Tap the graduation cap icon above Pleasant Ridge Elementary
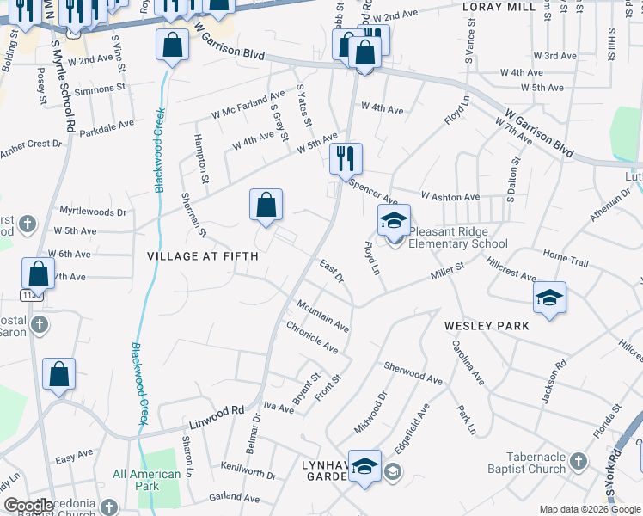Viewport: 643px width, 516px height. click(394, 221)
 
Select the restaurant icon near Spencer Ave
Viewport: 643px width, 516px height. click(346, 159)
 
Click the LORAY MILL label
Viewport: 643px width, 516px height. click(499, 7)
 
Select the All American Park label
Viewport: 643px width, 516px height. click(147, 480)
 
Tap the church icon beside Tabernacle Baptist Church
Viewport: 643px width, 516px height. click(579, 463)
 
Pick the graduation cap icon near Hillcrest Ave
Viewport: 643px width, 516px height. click(549, 298)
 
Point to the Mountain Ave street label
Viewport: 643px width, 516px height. click(322, 316)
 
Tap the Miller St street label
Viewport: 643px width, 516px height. click(447, 273)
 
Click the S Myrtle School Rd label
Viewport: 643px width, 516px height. click(63, 86)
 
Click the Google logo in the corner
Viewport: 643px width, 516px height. click(28, 505)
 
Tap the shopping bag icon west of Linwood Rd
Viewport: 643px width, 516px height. click(58, 374)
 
